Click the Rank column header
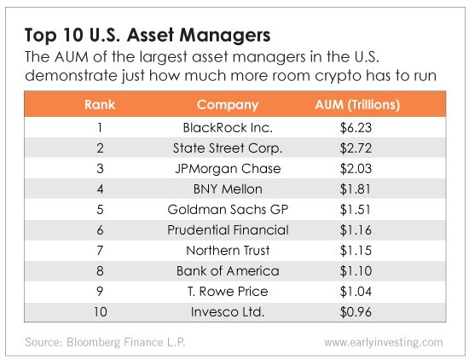point(100,105)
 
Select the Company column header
point(228,105)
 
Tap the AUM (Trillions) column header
point(357,105)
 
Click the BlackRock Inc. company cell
point(228,128)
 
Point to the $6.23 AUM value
point(356,128)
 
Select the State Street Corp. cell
point(228,148)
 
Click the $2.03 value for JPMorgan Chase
point(356,169)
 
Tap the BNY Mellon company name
point(228,189)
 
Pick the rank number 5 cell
point(100,210)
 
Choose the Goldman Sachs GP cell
point(228,210)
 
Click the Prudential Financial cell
point(228,230)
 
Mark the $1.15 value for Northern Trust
point(356,251)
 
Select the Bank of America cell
point(228,271)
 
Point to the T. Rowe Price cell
point(228,292)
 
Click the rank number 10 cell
point(101,312)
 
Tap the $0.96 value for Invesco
point(356,312)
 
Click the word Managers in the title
point(225,35)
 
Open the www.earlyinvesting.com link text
point(384,342)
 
